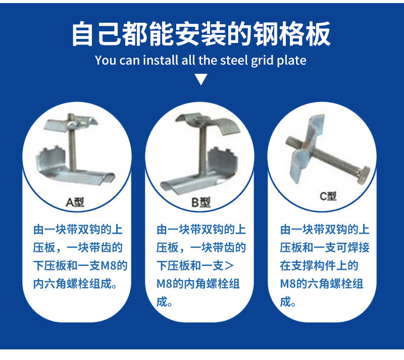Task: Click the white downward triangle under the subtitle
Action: [x=201, y=79]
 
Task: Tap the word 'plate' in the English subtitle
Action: [x=291, y=61]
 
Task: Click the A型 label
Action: [x=75, y=202]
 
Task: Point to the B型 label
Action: [x=201, y=202]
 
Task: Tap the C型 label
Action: [x=328, y=196]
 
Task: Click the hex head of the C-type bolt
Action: [x=363, y=175]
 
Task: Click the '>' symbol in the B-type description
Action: [x=229, y=265]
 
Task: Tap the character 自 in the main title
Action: [x=82, y=34]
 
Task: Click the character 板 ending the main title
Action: [x=318, y=34]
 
